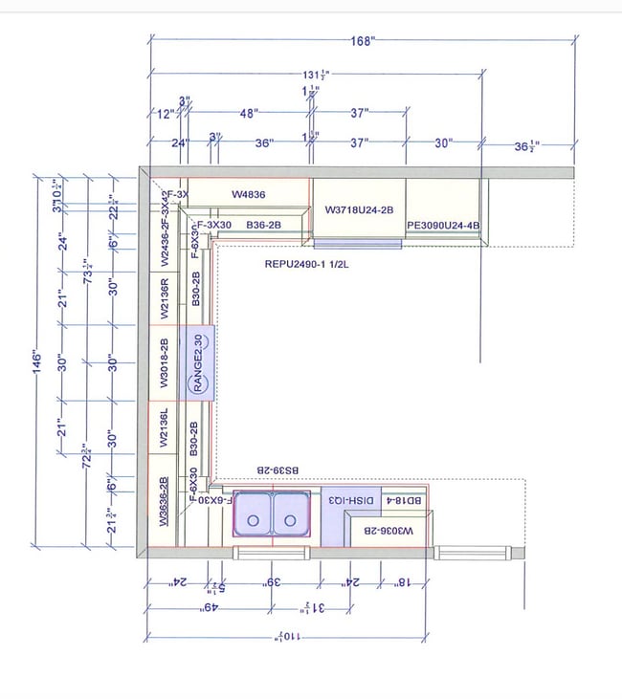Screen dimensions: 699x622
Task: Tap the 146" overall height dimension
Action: point(37,364)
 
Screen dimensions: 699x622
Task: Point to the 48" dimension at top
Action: point(249,113)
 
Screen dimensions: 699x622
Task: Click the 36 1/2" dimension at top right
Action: point(526,145)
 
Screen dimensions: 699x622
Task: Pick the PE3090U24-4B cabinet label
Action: point(442,227)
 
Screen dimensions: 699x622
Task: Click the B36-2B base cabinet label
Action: point(263,225)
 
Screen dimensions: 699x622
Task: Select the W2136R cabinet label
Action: point(164,297)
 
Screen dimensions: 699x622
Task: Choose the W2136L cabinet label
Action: point(164,427)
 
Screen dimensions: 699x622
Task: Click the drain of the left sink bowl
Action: point(254,520)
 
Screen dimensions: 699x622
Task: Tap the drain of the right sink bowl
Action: point(289,520)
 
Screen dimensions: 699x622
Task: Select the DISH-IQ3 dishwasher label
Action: point(351,500)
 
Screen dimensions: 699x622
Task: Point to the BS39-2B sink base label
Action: point(277,470)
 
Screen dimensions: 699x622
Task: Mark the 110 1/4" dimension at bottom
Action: point(286,637)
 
